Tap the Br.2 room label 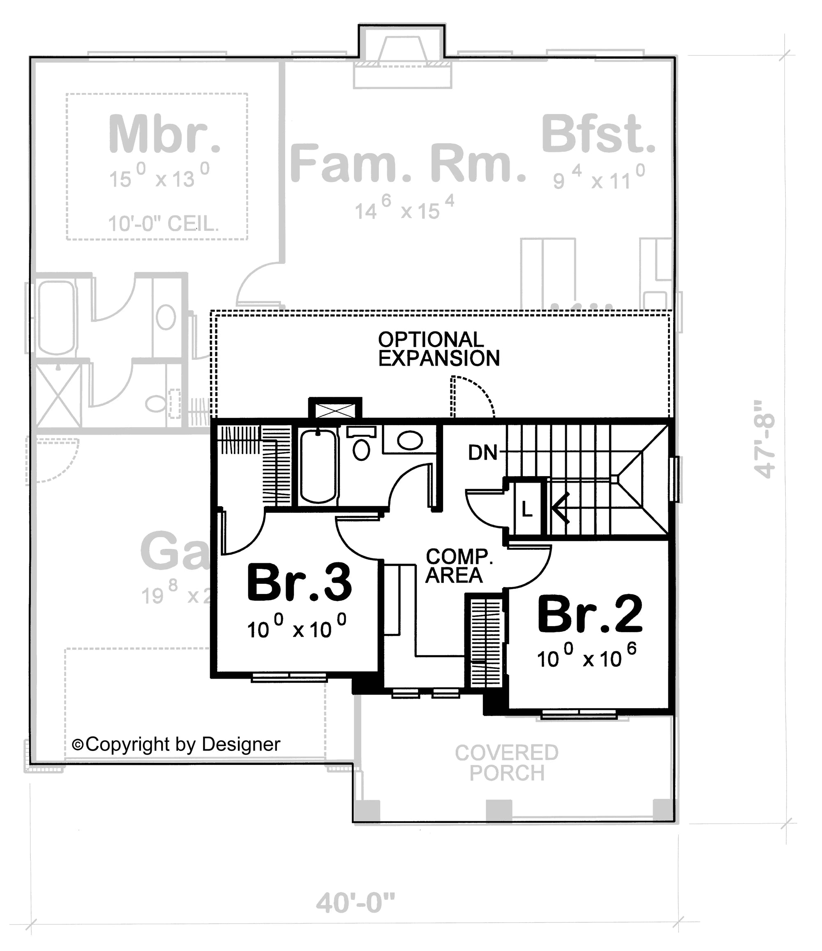click(x=590, y=614)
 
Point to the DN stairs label click(x=483, y=453)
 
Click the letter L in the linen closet click(x=527, y=509)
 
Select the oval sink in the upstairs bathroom click(x=410, y=440)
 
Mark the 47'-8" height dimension click(x=764, y=439)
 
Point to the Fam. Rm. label click(x=408, y=163)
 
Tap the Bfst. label click(x=598, y=134)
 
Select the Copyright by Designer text click(x=177, y=744)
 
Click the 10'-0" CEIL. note click(x=163, y=224)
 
